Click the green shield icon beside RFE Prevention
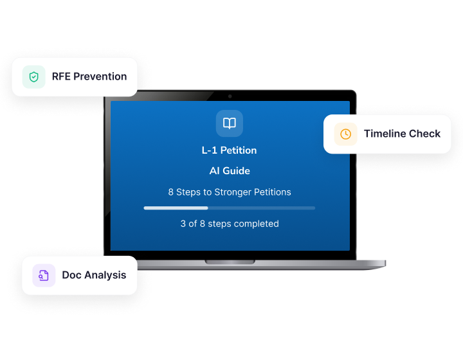(34, 77)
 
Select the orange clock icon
(346, 134)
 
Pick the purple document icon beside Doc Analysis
(44, 275)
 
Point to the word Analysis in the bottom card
(105, 275)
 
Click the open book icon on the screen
(230, 123)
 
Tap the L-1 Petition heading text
(230, 150)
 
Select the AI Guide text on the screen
(230, 171)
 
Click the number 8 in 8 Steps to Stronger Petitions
(171, 192)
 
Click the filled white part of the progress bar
(176, 208)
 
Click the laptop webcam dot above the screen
(230, 96)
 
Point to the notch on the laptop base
(230, 262)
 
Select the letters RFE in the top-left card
(61, 76)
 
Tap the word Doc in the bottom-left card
(72, 275)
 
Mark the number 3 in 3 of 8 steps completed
(183, 224)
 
